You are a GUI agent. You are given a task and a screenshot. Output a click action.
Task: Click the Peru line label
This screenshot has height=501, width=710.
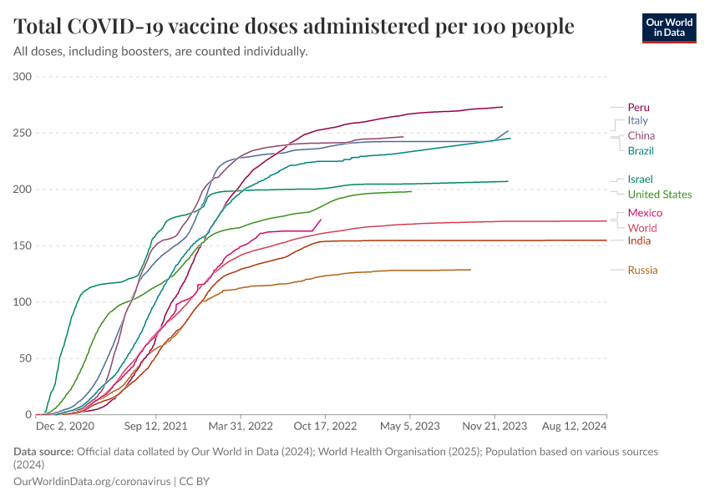638,107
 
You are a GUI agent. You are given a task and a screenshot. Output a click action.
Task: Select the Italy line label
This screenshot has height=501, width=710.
637,121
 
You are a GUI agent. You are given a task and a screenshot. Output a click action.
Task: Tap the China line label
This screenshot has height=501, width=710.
641,136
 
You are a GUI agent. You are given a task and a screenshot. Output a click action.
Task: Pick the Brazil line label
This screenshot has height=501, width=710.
641,151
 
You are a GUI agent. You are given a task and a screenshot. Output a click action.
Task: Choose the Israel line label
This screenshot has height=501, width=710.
640,180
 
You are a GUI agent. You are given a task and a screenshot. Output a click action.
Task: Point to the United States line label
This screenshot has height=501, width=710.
659,195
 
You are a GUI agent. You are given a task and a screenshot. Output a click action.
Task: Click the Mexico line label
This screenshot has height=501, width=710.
645,213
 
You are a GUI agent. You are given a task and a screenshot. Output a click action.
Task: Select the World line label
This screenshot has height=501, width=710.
642,228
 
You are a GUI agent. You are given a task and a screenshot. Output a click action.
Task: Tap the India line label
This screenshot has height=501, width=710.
639,241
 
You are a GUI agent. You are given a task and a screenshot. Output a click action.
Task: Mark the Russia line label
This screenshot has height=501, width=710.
642,271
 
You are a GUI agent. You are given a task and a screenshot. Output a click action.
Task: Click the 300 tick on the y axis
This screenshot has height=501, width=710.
23,77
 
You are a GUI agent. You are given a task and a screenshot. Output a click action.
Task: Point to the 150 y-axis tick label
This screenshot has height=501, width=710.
23,246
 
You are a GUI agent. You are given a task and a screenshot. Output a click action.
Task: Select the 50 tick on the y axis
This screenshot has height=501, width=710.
25,358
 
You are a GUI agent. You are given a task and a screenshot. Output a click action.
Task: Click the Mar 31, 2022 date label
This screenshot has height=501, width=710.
241,426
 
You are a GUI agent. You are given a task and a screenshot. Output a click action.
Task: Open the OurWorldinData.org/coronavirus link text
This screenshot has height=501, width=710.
91,482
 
